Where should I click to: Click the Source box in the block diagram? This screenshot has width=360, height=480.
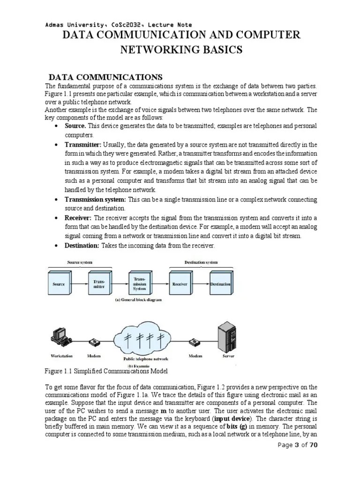(x=59, y=284)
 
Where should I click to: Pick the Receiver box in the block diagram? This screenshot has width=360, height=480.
(x=180, y=284)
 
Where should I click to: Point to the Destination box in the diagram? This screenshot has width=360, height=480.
(x=220, y=284)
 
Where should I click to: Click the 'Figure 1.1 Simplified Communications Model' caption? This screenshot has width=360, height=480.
(x=106, y=371)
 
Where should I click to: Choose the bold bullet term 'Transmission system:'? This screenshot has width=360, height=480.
(x=96, y=200)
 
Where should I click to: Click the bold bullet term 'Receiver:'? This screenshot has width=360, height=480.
(x=78, y=218)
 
